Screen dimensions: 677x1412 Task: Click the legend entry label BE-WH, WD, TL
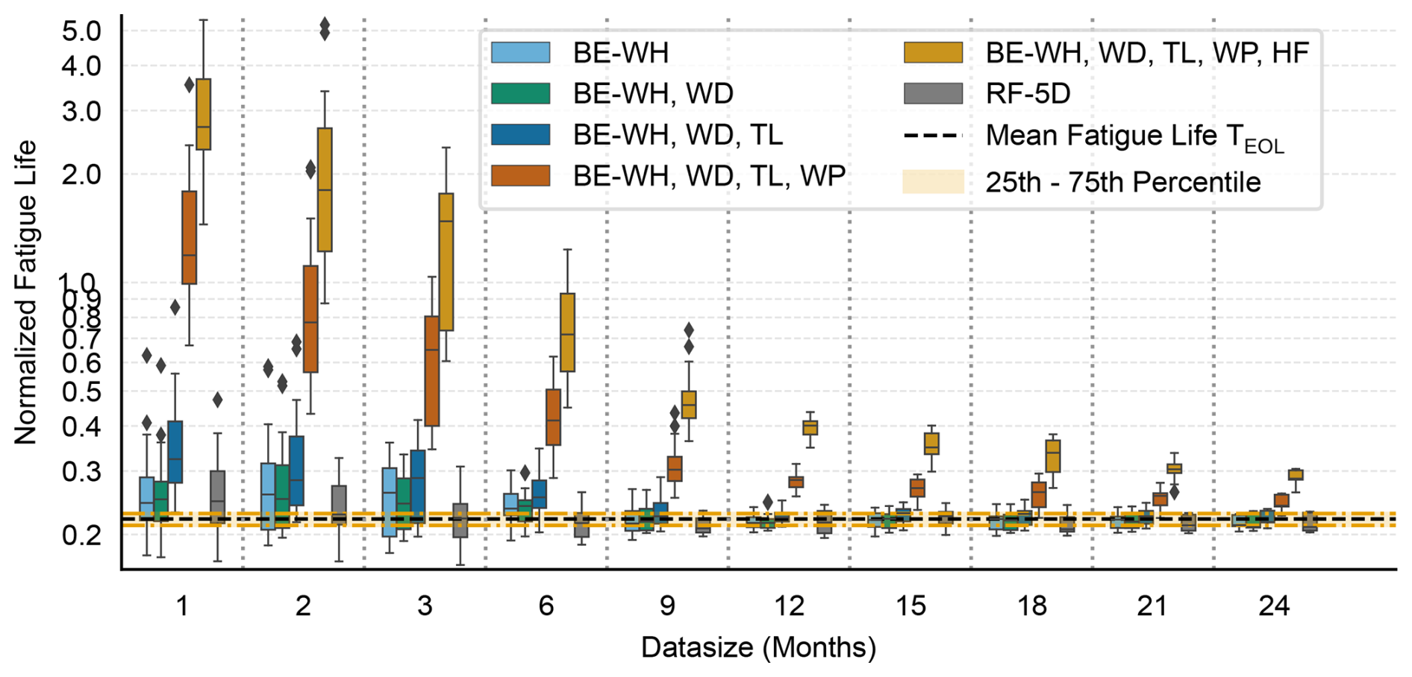[678, 135]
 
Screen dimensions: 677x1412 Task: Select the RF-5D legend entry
[1028, 94]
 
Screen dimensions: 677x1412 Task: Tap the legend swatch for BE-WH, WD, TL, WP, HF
[933, 53]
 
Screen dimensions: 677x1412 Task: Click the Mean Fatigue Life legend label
[1134, 136]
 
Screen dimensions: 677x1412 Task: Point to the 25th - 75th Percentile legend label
[1122, 183]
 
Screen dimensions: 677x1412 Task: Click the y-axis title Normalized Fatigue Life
[25, 292]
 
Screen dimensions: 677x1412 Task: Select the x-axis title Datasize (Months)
[758, 647]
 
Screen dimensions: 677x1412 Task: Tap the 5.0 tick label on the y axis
[82, 31]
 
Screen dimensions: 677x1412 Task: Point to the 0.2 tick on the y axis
[82, 535]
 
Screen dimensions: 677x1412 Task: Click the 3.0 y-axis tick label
[82, 112]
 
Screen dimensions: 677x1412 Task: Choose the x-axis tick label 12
[789, 606]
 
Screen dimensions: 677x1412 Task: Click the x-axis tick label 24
[1274, 606]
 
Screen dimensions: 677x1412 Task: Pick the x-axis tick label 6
[546, 606]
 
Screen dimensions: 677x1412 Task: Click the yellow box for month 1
[203, 114]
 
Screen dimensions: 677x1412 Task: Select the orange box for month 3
[431, 371]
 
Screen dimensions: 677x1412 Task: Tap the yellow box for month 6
[568, 332]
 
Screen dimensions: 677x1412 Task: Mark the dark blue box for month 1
[175, 452]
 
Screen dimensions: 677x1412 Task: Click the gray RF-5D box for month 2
[339, 505]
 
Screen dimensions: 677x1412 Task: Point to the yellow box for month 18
[1053, 456]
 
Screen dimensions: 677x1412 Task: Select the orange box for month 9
[675, 468]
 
